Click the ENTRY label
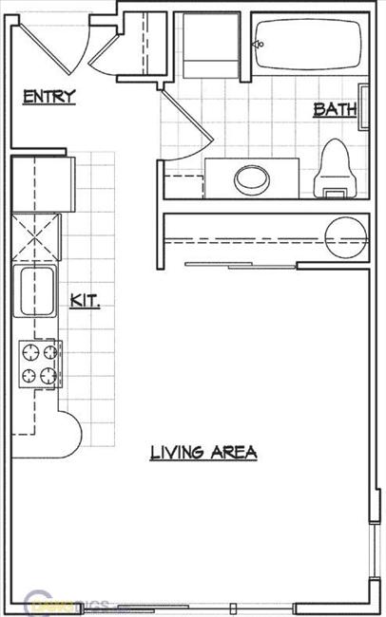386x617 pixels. point(49,96)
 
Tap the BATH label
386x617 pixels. point(334,110)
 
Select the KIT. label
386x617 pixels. point(86,302)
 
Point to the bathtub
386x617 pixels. point(308,43)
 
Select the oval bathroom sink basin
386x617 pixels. point(252,177)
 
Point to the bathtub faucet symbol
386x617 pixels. point(257,44)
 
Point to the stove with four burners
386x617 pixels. point(40,364)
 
